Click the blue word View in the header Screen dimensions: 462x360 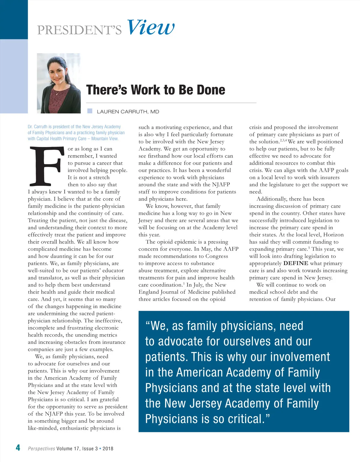[x=151, y=28]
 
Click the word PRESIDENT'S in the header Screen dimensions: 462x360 [x=79, y=30]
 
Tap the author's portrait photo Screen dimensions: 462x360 [x=59, y=83]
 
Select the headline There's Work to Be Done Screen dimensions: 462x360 [x=155, y=90]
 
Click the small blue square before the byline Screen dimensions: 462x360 [x=90, y=111]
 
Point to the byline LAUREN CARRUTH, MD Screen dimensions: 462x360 [x=128, y=112]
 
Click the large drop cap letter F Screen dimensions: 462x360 [x=47, y=166]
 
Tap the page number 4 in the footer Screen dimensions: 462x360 [x=18, y=448]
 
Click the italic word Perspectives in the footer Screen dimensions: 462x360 [x=41, y=448]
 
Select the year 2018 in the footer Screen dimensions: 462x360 [x=108, y=448]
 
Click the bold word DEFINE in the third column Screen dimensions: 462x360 [x=295, y=263]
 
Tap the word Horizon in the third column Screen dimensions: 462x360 [x=333, y=235]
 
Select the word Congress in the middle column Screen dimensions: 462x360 [x=217, y=256]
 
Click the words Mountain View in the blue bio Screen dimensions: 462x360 [x=105, y=139]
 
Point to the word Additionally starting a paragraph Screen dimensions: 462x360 [x=271, y=199]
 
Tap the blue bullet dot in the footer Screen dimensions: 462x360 [x=100, y=448]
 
